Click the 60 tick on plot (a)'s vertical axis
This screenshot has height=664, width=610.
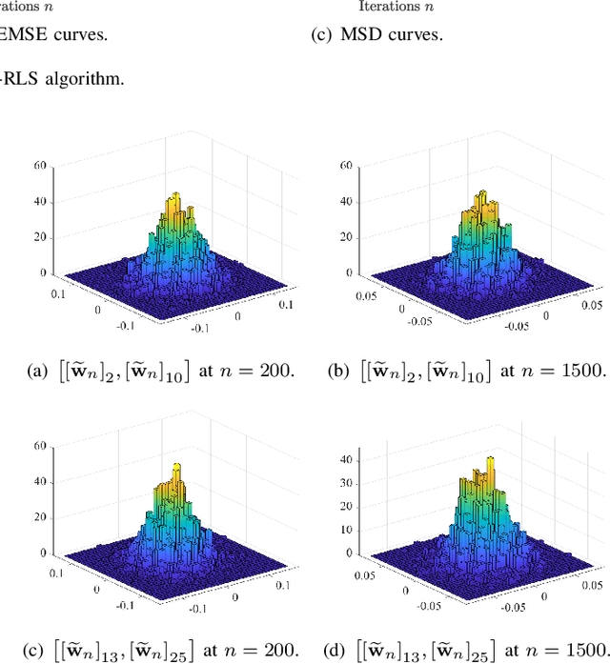[x=40, y=164]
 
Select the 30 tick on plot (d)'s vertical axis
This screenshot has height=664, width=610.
[x=347, y=483]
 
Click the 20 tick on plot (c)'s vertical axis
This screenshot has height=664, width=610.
[x=40, y=516]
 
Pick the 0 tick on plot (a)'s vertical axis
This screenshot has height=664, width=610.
[x=43, y=273]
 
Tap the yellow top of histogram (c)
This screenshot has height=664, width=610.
[x=176, y=470]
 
